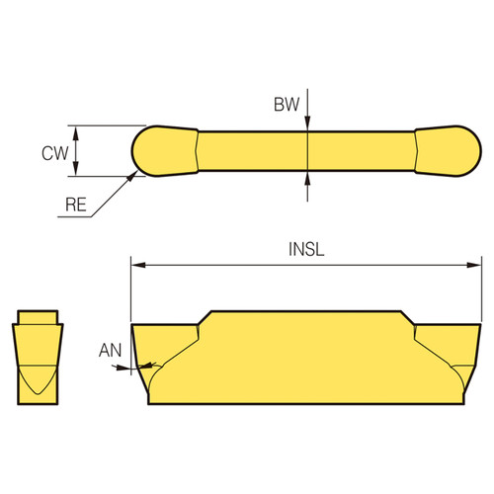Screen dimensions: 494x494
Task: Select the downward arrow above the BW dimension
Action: point(309,122)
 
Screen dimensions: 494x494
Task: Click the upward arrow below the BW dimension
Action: point(309,177)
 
